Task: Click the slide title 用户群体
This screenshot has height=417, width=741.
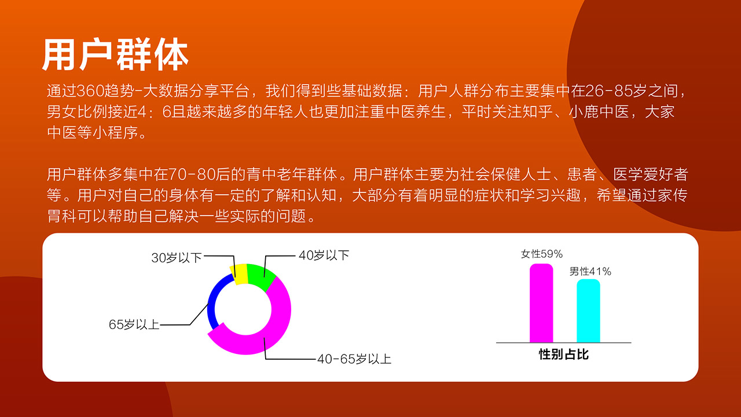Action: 115,54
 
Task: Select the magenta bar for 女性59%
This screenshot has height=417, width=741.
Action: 541,303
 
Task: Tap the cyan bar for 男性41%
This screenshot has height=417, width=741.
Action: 588,311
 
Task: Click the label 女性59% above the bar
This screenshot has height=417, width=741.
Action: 542,254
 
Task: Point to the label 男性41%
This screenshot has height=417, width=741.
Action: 590,272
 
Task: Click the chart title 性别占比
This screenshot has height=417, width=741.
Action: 564,354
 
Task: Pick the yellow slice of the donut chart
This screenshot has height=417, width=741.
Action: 239,274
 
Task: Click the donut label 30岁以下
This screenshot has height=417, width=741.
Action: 177,258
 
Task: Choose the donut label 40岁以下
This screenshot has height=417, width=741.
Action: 324,255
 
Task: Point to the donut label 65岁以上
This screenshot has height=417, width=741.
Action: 134,325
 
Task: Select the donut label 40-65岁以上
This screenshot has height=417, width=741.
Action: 354,359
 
